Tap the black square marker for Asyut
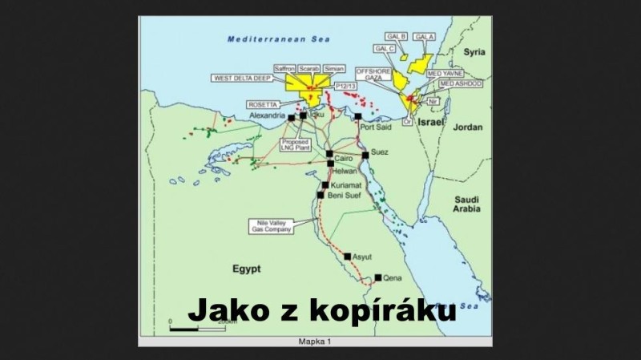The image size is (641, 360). (347, 257)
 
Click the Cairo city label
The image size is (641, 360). (344, 160)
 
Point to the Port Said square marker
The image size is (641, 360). (358, 116)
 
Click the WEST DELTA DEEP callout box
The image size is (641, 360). (242, 79)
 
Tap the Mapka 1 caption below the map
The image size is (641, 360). (315, 342)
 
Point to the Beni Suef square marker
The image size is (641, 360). (320, 195)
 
